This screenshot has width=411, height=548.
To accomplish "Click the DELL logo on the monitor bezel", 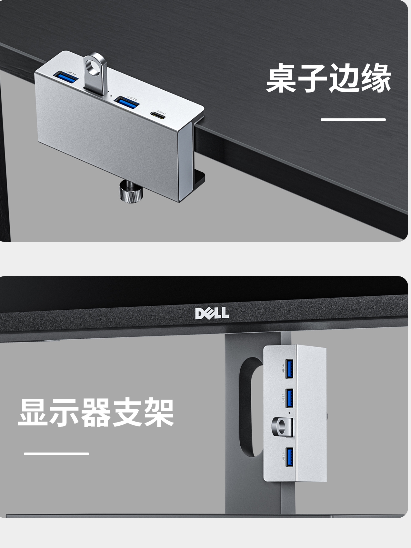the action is coord(212,313).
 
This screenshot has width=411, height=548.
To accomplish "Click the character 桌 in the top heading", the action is coord(282,78).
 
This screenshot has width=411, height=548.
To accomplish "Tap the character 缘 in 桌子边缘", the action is coord(376,78).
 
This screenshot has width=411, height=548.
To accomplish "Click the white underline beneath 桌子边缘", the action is coord(353,120).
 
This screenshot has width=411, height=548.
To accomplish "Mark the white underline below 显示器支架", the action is coord(56,453).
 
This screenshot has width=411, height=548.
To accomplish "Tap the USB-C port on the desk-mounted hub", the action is coord(157,115).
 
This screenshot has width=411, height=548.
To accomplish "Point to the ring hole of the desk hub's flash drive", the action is coord(94,66).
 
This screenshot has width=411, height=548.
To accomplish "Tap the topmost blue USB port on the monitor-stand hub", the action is coord(289,368).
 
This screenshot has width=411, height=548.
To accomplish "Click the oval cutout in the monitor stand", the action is coord(248,406).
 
